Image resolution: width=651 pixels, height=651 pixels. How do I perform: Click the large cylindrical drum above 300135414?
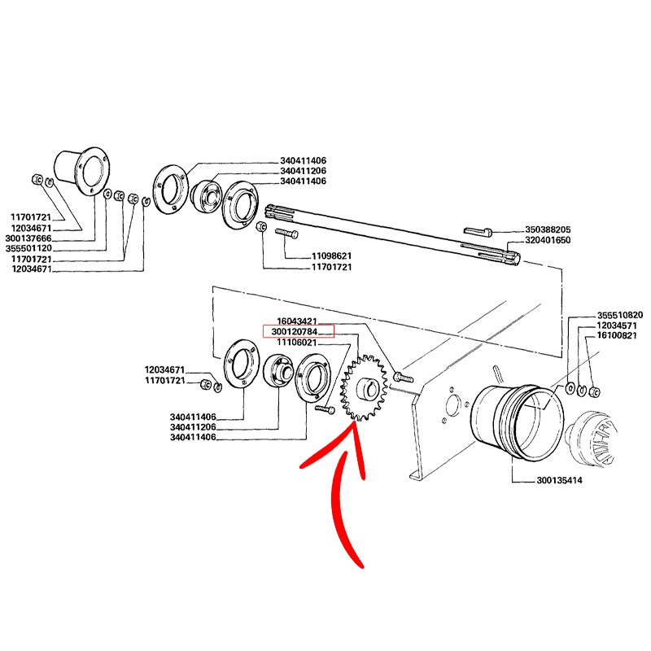click(x=513, y=419)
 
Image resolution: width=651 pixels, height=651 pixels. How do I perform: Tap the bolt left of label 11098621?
click(x=287, y=234)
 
